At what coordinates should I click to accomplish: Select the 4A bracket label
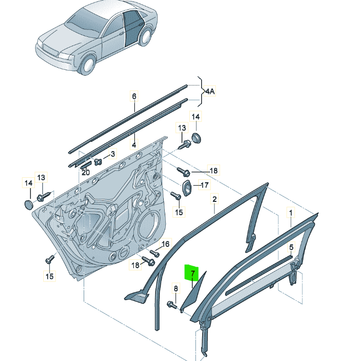(x=210, y=91)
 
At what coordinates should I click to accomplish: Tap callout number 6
(x=134, y=96)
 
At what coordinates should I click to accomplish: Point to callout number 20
(x=86, y=172)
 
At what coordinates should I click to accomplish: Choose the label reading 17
(x=204, y=186)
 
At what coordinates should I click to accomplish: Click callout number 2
(x=214, y=199)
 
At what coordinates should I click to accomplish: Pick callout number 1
(x=291, y=213)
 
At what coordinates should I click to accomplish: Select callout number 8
(x=175, y=288)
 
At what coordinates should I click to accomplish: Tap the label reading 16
(x=165, y=244)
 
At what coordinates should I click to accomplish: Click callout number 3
(x=112, y=154)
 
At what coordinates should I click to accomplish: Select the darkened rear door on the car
(x=132, y=28)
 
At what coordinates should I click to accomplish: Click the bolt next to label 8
(x=172, y=305)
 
